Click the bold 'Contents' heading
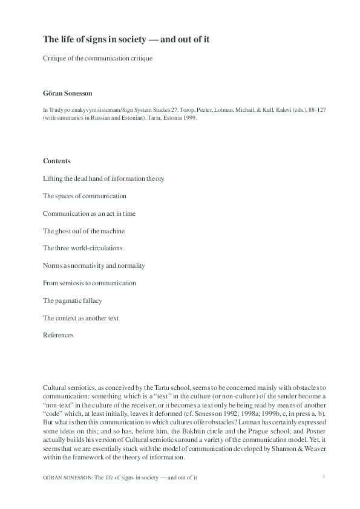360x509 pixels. tap(56, 161)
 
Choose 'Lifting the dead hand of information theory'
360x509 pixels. tap(103, 178)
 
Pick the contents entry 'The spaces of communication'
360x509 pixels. tap(84, 196)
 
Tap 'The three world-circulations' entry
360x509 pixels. tap(82, 248)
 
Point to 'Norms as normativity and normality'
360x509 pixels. tap(94, 265)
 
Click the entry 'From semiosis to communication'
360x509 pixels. tap(89, 283)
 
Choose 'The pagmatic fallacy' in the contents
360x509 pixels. tap(73, 300)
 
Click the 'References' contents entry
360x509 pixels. tap(58, 335)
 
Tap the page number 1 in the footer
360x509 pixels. tap(324, 476)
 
